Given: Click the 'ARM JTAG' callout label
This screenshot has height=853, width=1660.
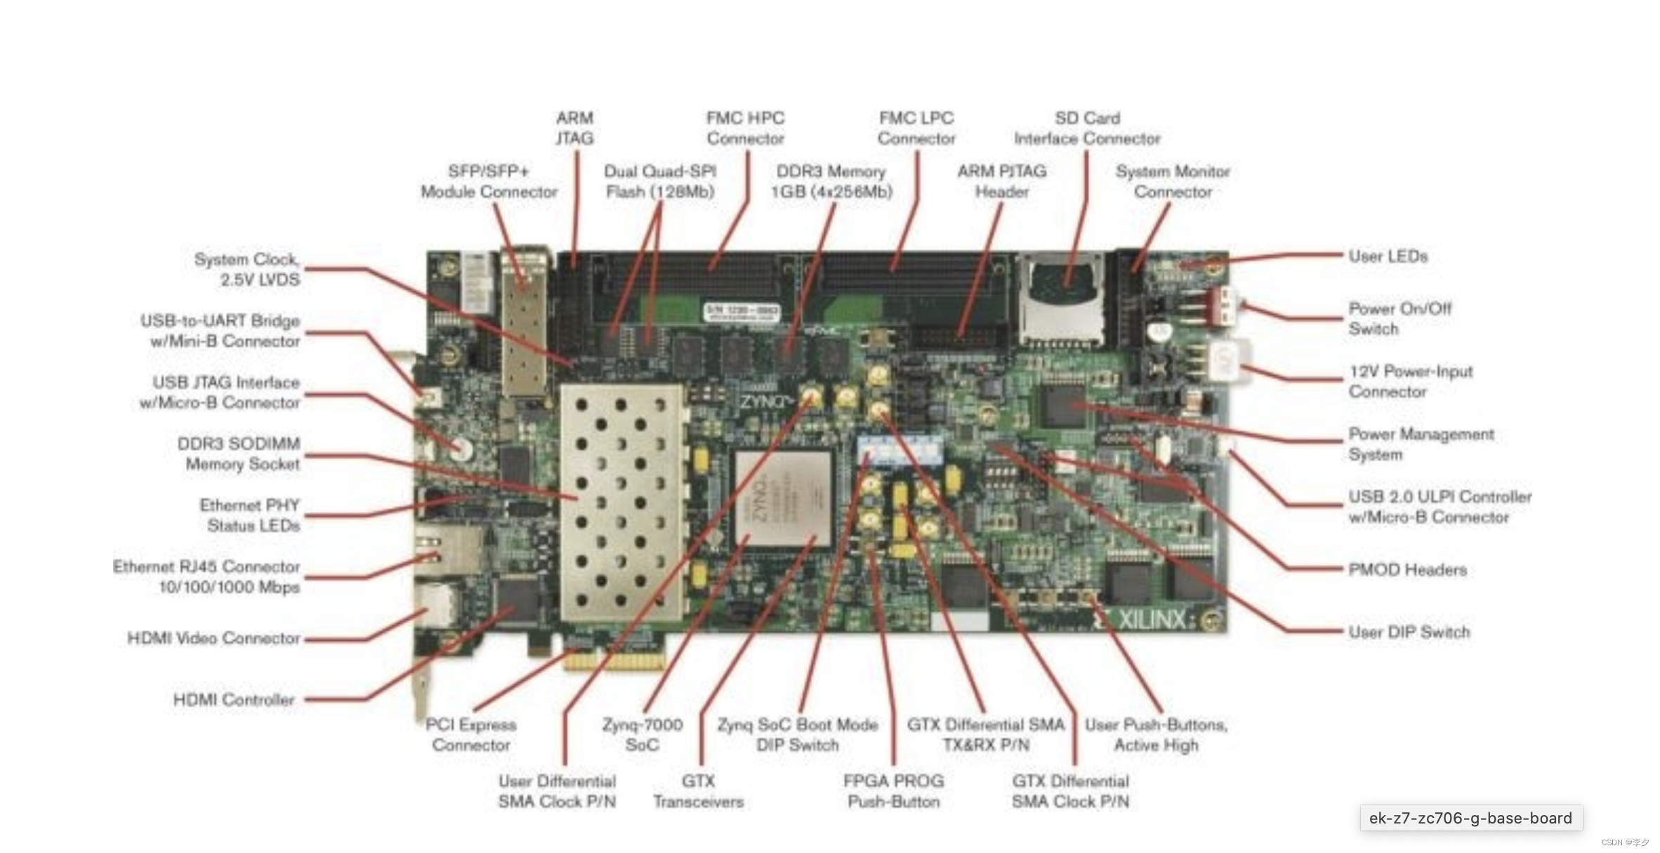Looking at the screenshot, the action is pos(574,128).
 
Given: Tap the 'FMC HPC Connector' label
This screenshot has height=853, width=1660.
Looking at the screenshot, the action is pos(745,128).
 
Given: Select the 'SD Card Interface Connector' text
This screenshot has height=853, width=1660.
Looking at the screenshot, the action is pos(1087,128).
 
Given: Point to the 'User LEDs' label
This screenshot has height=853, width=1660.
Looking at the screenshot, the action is pos(1388,256).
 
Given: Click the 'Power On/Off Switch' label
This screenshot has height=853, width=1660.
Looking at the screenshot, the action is pos(1399,318).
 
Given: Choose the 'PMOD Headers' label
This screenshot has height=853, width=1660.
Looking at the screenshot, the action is pos(1407,569).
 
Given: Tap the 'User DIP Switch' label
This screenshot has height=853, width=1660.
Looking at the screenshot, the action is pos(1409,632).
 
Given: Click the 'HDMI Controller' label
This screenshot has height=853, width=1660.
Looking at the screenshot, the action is pos(234,699).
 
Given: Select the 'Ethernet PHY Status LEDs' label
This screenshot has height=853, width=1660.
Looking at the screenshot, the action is pos(249,515).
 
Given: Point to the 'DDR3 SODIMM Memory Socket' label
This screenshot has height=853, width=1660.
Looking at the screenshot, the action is pos(238,453).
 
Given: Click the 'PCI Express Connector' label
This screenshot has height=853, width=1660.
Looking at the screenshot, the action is pos(470,734).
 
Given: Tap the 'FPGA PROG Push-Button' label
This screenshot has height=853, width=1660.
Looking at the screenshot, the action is pos(893,790).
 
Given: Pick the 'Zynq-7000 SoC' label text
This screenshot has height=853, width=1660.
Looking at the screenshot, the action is pos(642,734).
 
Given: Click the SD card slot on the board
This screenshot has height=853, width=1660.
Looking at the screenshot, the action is pos(1061,299).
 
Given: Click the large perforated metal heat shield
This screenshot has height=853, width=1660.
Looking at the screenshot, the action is pos(621,502).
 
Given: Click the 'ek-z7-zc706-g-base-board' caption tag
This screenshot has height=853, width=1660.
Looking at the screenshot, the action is pos(1470,818).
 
